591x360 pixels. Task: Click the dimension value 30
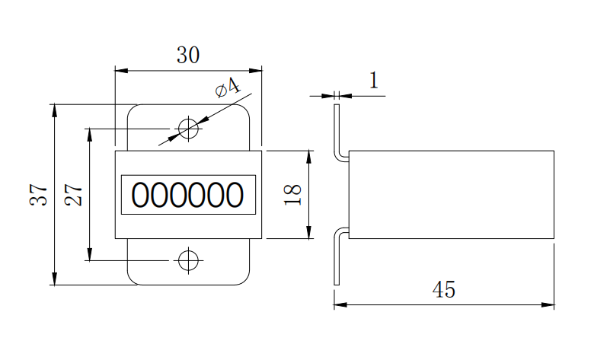188,56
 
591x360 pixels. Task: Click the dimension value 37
40,195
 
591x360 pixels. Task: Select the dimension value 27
74,195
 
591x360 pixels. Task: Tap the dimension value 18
294,194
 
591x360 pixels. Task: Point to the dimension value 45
443,290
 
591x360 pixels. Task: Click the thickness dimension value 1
373,81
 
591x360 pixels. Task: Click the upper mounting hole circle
188,129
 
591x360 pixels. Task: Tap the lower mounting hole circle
188,260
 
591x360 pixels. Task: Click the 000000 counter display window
188,195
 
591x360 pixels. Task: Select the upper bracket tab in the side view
337,129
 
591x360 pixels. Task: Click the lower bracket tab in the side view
337,259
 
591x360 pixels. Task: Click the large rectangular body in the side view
451,195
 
